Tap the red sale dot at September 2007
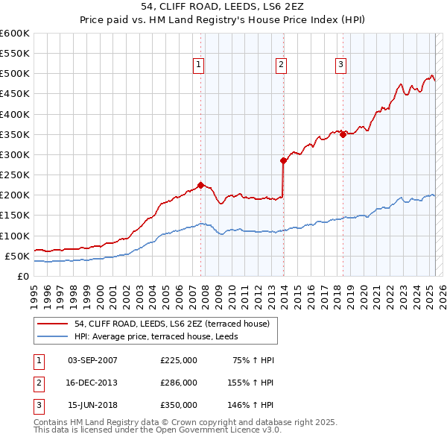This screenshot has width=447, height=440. (201, 185)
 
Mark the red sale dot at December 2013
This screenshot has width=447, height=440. (283, 160)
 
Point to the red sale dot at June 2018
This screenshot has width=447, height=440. (343, 134)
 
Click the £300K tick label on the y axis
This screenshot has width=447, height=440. (15, 154)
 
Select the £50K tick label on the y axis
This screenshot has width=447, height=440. (18, 256)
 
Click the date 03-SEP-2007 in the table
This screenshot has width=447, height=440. (92, 360)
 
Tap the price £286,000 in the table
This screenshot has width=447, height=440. (179, 383)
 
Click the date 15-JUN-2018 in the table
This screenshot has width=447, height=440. (92, 405)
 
